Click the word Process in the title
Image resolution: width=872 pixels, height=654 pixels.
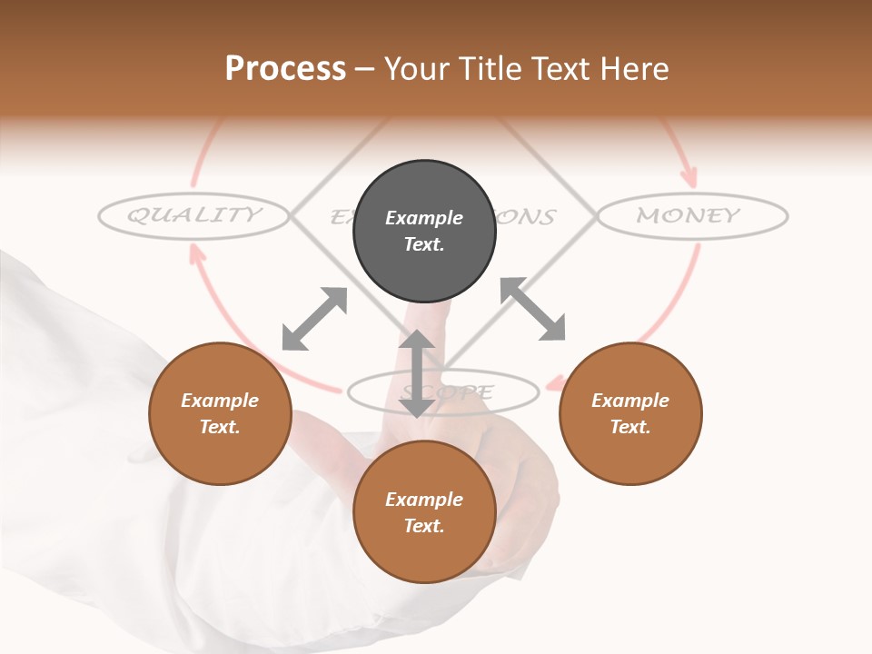click(285, 69)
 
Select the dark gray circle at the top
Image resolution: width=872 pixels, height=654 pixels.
click(424, 231)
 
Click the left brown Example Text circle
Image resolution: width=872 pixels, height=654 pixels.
click(220, 413)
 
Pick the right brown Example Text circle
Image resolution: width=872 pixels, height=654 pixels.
click(630, 413)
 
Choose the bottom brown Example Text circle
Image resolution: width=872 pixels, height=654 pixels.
click(424, 512)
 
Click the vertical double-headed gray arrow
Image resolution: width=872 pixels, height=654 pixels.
click(417, 373)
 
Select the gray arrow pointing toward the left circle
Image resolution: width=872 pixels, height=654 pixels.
click(314, 319)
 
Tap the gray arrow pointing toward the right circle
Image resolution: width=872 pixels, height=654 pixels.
click(533, 309)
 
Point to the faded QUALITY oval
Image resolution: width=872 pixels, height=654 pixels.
click(193, 215)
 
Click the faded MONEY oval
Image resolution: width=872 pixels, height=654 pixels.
click(691, 216)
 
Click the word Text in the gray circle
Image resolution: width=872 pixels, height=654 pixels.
click(424, 244)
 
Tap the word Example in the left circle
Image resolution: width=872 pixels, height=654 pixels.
click(220, 401)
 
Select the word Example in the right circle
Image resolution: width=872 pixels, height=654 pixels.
click(630, 401)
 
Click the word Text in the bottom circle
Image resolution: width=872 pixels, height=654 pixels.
click(424, 526)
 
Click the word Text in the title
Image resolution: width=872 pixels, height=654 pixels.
click(560, 69)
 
